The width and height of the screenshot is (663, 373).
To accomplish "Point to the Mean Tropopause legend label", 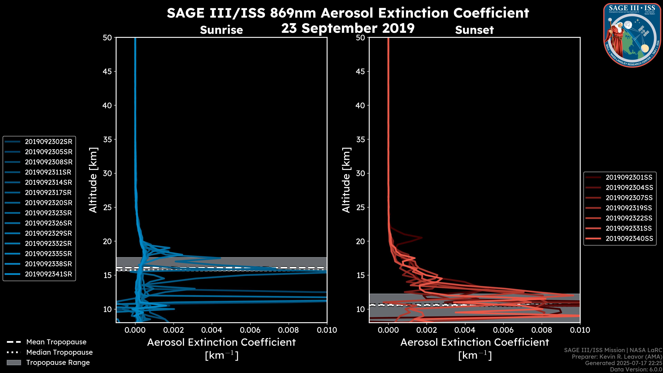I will tap(56, 342).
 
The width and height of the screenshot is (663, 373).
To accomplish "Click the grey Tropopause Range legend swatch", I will tap(14, 362).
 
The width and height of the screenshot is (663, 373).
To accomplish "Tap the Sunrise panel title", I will tap(221, 30).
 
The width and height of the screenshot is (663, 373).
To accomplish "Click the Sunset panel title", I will tap(474, 30).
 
